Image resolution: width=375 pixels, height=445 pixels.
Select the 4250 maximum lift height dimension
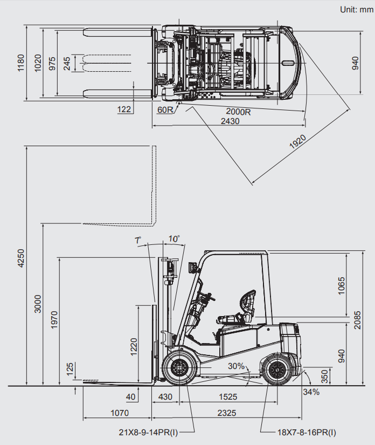coord(20,258)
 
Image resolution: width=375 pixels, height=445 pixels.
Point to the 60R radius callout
coord(165,110)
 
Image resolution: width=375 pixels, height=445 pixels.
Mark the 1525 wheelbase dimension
coord(228,396)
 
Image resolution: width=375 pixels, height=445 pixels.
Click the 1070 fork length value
coord(120,413)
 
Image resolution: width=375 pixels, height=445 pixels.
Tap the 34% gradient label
coord(311,392)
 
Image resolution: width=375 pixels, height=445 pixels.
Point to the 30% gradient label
coord(236,366)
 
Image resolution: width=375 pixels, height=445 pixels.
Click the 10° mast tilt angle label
coord(173,238)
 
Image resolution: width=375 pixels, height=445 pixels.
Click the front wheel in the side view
coord(178,368)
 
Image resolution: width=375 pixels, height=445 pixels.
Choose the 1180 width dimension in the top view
coord(20,62)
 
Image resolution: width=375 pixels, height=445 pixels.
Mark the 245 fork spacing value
coord(66,63)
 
